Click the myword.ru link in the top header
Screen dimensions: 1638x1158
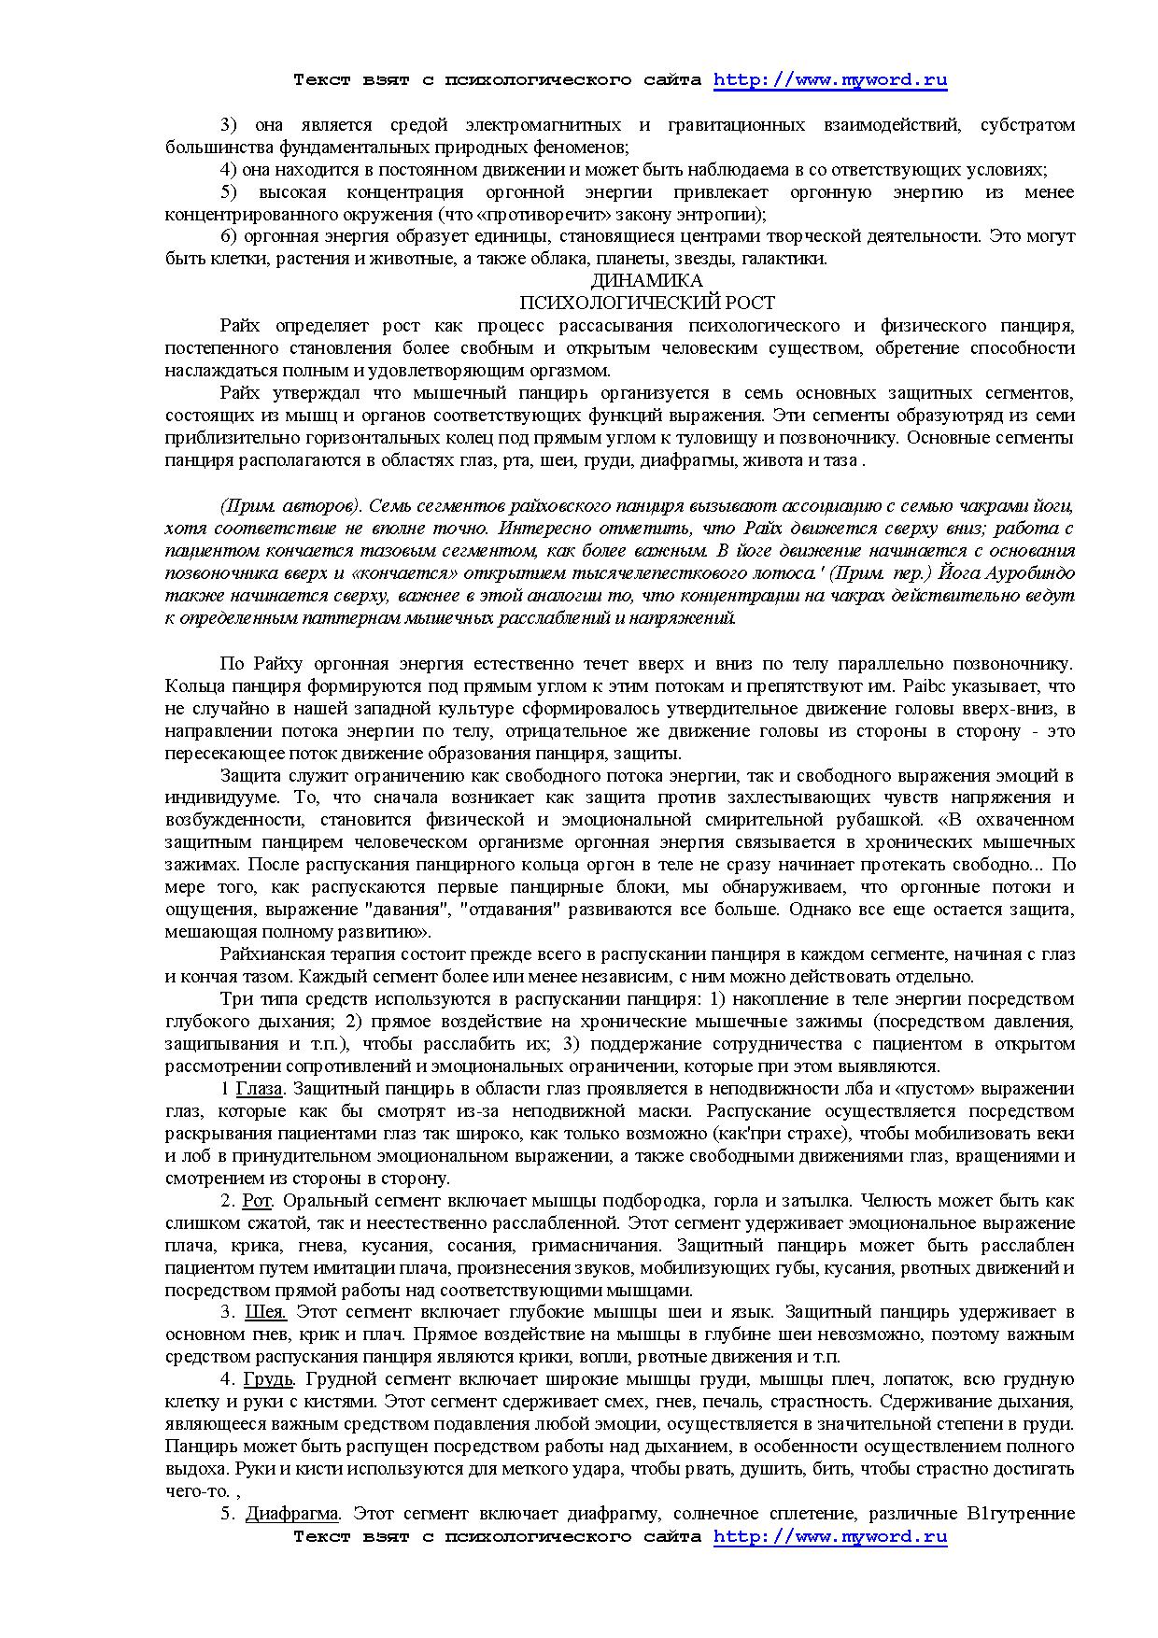(x=830, y=80)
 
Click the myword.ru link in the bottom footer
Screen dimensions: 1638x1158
(x=830, y=1536)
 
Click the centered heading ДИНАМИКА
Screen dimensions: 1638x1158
(x=646, y=281)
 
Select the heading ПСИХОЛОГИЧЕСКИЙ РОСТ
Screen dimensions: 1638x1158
(x=646, y=304)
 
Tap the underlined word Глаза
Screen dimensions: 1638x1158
(x=259, y=1089)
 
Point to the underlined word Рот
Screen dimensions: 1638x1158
(x=256, y=1201)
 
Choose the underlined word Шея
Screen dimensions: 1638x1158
(x=264, y=1312)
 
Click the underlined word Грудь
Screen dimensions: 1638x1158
(x=269, y=1379)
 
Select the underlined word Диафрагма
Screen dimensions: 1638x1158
(x=292, y=1514)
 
